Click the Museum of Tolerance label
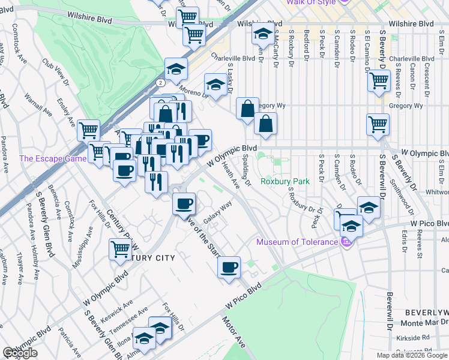click(297, 242)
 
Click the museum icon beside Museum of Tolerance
click(345, 242)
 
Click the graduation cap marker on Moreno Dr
click(215, 85)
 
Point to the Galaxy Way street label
click(218, 213)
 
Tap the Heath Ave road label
click(231, 174)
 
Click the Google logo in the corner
click(20, 353)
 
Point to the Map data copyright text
click(412, 355)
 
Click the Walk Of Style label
click(311, 2)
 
